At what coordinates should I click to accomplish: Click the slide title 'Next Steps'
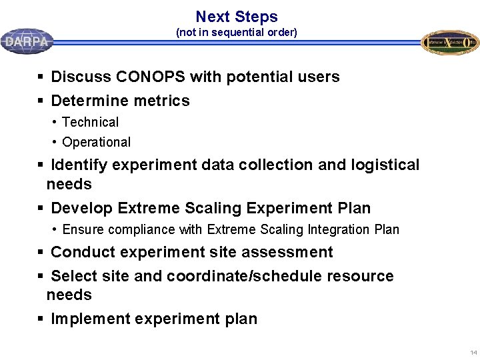[x=237, y=17]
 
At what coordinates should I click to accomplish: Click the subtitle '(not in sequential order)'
[x=236, y=32]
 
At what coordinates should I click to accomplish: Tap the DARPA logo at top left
[x=27, y=41]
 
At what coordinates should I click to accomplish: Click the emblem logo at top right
[x=450, y=42]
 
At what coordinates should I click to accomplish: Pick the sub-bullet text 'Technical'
[x=90, y=123]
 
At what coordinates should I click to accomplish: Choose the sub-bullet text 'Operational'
[x=96, y=143]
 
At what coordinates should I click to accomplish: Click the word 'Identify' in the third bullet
[x=79, y=165]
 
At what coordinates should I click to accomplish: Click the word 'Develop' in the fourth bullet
[x=81, y=209]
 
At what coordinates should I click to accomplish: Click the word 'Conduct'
[x=81, y=253]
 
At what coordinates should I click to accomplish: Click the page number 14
[x=473, y=352]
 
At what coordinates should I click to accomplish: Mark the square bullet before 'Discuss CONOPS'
[x=41, y=77]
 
